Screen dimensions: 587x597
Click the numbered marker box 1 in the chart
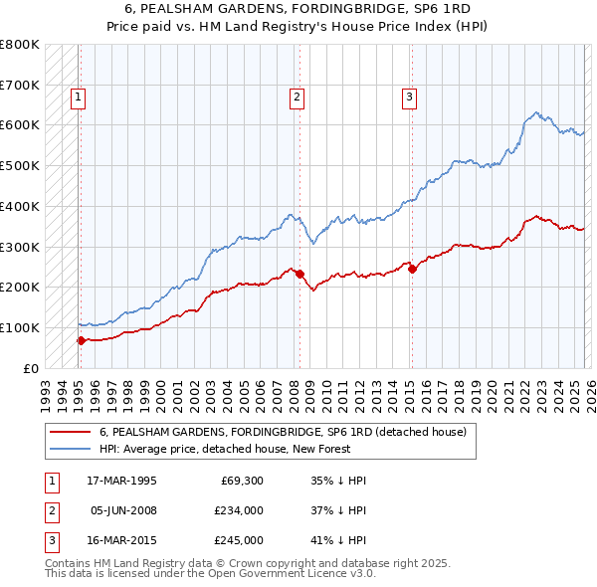(x=78, y=98)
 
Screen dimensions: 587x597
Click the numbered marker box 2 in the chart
(x=298, y=98)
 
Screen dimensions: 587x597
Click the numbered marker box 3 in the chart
(x=409, y=98)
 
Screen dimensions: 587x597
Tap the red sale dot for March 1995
(x=81, y=340)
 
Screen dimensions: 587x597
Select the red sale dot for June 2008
(x=299, y=274)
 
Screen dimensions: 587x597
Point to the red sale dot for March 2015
(x=412, y=269)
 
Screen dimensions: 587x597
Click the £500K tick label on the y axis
(x=20, y=166)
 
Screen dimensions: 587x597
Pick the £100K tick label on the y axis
(x=20, y=327)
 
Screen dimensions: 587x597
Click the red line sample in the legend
(x=71, y=433)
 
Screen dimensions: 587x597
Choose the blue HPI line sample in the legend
(x=71, y=449)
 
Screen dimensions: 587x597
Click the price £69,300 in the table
(x=239, y=480)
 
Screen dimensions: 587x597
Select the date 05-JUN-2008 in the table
(x=122, y=510)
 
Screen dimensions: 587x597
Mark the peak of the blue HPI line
(x=536, y=112)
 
